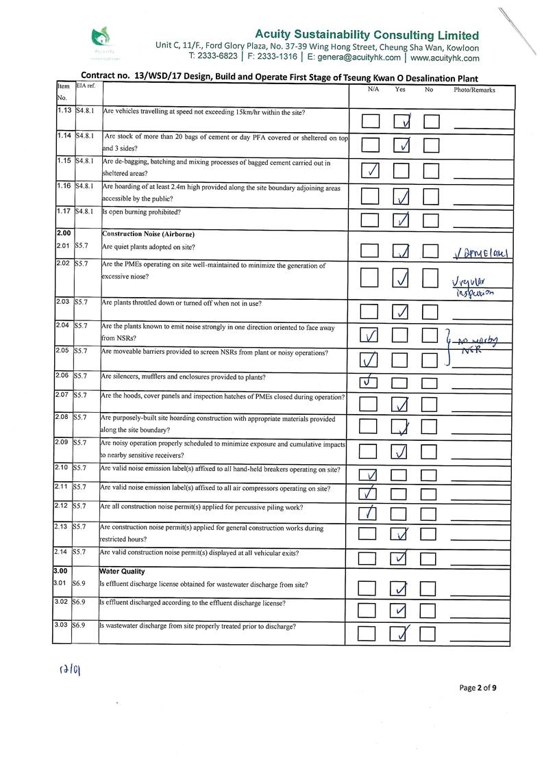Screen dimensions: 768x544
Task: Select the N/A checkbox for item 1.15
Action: (x=370, y=170)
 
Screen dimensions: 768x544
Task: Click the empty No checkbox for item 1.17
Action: (x=430, y=220)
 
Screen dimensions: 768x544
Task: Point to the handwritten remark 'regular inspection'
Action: (x=473, y=286)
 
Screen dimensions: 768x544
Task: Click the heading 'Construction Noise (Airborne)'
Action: (x=149, y=234)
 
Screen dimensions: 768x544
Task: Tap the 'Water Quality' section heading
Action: (x=122, y=571)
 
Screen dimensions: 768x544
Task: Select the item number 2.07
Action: (x=64, y=396)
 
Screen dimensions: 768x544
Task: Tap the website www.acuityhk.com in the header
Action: (x=445, y=57)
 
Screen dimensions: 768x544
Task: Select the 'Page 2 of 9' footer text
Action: (x=478, y=688)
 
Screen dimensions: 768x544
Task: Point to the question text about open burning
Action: (x=142, y=212)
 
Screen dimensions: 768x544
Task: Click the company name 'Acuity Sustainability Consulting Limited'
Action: (x=367, y=35)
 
